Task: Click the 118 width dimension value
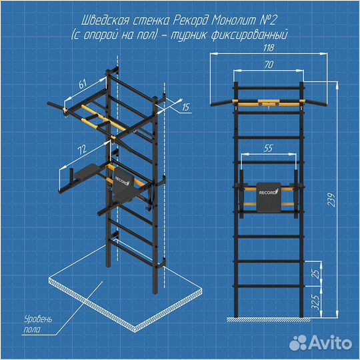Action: pos(269,48)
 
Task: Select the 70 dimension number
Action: pos(269,65)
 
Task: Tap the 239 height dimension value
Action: pos(332,200)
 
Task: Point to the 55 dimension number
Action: pos(268,148)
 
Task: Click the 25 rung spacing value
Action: pos(316,274)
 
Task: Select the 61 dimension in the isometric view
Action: pos(83,84)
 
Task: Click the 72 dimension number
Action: pos(82,150)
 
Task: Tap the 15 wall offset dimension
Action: pos(186,107)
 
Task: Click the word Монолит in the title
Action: pos(233,21)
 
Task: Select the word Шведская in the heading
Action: pos(105,21)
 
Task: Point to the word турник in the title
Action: pos(188,35)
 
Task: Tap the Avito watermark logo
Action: pos(321,343)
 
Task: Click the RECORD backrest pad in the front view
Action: pos(269,197)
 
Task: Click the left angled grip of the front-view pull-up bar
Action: pos(222,103)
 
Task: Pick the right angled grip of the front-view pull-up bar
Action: pos(315,103)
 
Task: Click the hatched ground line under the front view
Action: pos(269,319)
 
